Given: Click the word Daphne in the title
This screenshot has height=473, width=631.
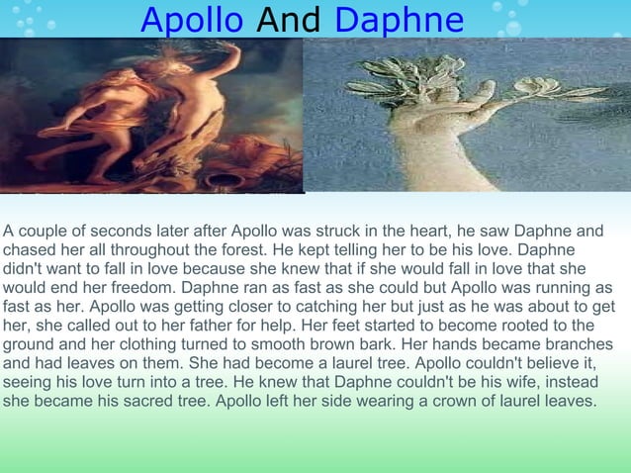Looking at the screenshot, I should pos(399,20).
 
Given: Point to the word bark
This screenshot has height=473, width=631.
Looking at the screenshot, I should pos(368,344).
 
